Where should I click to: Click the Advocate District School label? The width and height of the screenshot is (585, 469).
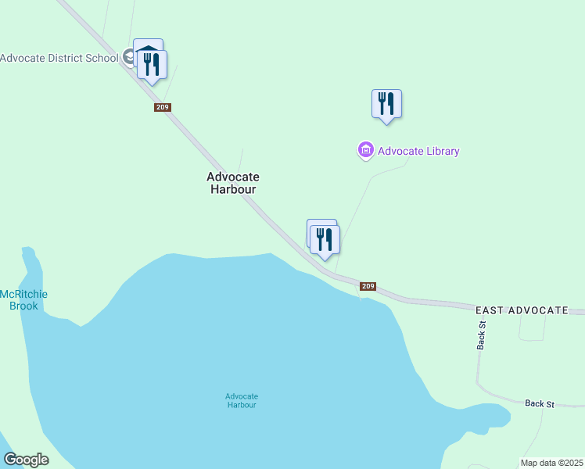59,58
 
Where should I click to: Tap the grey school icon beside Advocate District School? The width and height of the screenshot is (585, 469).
128,57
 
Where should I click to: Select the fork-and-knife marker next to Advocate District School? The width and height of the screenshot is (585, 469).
153,65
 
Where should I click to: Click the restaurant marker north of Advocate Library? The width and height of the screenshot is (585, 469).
386,103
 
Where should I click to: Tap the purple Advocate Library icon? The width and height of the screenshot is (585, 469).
365,150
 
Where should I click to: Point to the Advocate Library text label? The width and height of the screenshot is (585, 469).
418,151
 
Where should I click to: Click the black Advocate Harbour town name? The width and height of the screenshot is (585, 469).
232,183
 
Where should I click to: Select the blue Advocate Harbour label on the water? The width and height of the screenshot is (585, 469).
241,400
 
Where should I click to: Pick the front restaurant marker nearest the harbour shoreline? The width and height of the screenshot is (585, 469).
325,240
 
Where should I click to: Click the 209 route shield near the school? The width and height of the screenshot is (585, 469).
163,107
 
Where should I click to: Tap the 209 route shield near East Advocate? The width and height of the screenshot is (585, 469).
368,287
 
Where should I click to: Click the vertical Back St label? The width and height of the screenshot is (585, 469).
482,335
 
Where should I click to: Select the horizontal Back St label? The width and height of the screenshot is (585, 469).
540,403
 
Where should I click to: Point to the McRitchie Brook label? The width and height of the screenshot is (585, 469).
24,299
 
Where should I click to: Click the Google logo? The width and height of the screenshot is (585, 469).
26,460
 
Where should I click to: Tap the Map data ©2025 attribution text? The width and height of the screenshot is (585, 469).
551,463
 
